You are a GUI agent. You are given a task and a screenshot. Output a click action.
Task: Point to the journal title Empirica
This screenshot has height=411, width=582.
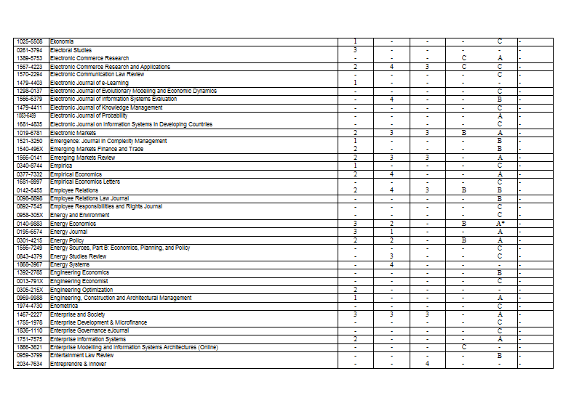coord(61,166)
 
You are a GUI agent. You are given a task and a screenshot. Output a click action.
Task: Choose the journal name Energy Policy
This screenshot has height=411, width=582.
coord(67,240)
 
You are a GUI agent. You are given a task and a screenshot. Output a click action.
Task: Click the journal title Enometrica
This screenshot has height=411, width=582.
coord(64,306)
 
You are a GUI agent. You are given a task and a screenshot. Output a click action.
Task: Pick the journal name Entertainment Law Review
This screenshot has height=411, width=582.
coord(81,356)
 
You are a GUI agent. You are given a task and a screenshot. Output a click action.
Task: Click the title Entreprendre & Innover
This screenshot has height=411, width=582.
coord(78,364)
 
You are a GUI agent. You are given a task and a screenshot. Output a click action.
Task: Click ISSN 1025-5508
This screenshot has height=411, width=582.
coord(30,41)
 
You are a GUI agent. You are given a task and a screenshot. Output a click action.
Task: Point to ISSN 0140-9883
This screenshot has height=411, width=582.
coord(30,224)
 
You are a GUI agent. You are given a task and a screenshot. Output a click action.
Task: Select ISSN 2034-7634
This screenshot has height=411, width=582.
coord(30,364)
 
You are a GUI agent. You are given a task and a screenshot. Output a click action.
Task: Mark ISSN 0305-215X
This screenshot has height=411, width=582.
coord(30,290)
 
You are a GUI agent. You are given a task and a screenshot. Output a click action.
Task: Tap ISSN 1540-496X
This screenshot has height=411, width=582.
coord(30,149)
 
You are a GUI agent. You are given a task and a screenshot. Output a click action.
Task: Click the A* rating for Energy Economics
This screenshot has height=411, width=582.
coord(500,224)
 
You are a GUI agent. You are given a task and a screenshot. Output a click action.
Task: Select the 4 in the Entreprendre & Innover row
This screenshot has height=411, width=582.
coord(427,364)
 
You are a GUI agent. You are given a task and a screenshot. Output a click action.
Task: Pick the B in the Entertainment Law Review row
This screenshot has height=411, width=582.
coord(500,356)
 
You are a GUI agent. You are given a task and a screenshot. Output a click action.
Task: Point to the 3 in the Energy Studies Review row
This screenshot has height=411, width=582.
coord(391,256)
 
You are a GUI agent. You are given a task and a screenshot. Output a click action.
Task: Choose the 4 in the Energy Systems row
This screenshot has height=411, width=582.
coord(391,264)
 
